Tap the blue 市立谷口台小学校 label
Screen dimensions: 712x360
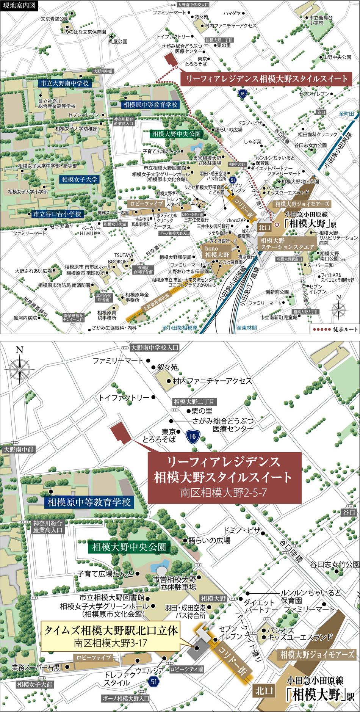click(57, 214)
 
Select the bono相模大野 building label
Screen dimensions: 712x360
click(216, 251)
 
